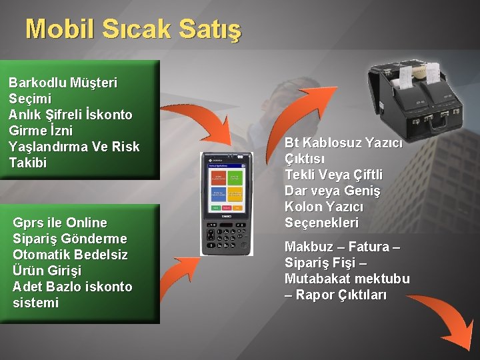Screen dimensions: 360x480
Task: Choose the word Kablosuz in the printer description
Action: click(x=333, y=143)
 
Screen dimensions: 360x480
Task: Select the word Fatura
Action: click(x=373, y=247)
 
